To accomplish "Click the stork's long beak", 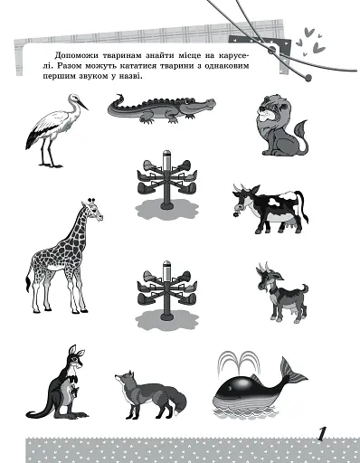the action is point(82,104).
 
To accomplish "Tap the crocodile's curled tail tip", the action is point(119,97).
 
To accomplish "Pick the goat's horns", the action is point(263,268).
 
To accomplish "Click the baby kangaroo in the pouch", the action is point(73,392).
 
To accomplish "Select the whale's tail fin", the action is point(293,373).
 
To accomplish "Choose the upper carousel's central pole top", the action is point(166,154).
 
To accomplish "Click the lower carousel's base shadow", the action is point(166,321).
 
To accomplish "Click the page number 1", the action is point(323,434).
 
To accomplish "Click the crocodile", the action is point(162,109).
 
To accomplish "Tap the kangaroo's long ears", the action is point(76,351).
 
